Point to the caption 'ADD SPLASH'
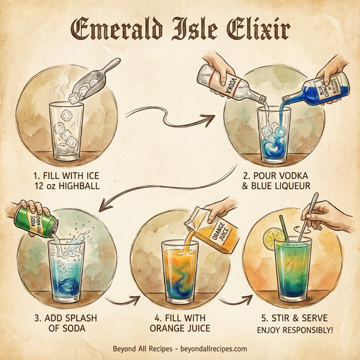[55, 317]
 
